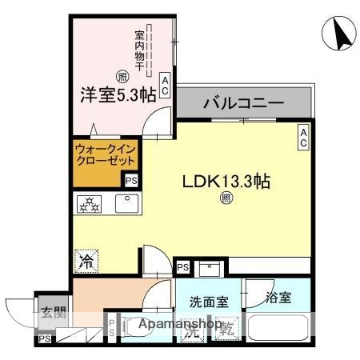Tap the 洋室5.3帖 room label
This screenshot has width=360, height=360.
tap(117, 94)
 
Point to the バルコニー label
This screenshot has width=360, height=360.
tap(244, 103)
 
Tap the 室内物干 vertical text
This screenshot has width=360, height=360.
tap(138, 50)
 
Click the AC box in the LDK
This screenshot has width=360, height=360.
tap(304, 137)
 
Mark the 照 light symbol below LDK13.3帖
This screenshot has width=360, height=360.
tap(226, 198)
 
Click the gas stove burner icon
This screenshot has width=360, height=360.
tap(90, 205)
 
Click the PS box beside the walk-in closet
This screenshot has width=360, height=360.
tap(130, 181)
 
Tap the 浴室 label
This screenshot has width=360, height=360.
tap(279, 298)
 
